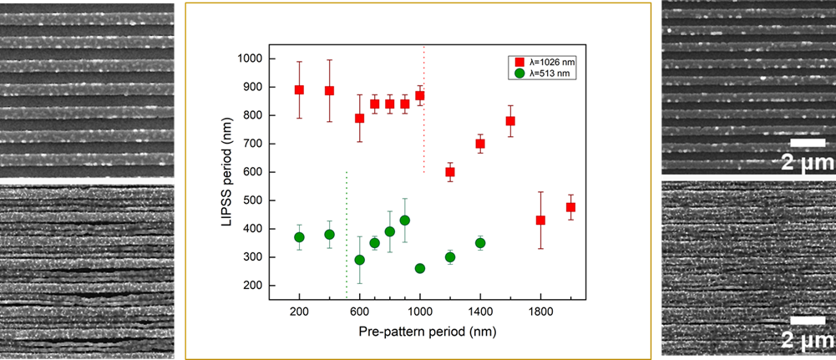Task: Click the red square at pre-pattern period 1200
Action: pos(450,172)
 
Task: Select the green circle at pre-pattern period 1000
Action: pos(419,268)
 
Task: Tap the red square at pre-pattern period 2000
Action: pos(570,207)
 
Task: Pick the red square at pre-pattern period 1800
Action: pos(540,221)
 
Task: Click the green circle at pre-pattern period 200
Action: pos(299,237)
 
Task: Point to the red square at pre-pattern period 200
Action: pos(299,89)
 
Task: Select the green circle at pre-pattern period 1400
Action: pos(480,243)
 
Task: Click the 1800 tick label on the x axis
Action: pos(540,311)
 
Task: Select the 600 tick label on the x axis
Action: pos(359,311)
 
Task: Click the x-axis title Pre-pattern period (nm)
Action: pos(419,332)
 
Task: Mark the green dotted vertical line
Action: pos(346,234)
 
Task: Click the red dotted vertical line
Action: pos(424,109)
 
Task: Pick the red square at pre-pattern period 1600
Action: pos(510,121)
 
